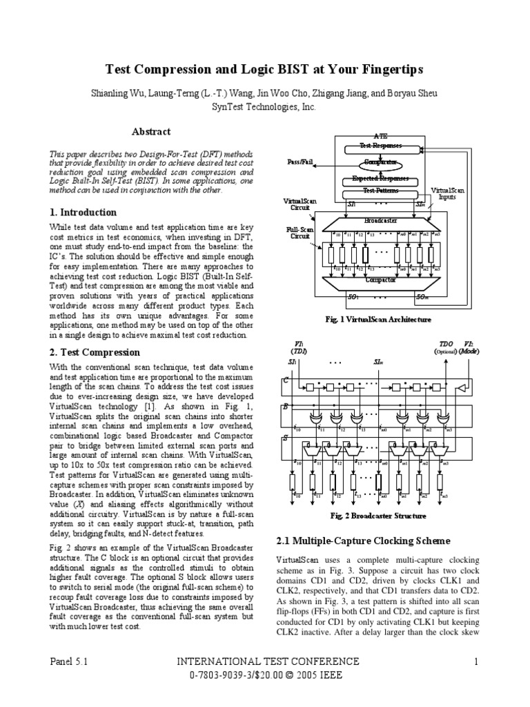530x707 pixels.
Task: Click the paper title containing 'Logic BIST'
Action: coord(264,70)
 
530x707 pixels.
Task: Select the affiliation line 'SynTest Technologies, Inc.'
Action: coord(264,108)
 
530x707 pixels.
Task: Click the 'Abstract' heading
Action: coord(150,131)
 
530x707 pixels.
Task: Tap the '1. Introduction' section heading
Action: coord(83,212)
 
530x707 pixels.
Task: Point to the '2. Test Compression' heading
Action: coord(95,352)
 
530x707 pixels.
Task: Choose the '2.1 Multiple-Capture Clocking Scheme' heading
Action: coord(363,541)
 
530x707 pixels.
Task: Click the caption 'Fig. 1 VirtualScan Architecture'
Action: coord(378,319)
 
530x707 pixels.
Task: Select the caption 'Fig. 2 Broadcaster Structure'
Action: coord(379,516)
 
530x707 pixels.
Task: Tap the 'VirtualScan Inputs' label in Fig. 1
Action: coord(449,193)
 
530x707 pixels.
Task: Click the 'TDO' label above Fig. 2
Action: coord(446,343)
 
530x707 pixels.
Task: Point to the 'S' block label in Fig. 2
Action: coord(286,437)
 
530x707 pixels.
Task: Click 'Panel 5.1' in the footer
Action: coord(72,662)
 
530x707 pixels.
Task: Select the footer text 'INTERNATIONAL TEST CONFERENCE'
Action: coord(264,662)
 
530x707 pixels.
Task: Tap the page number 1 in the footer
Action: coord(475,662)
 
